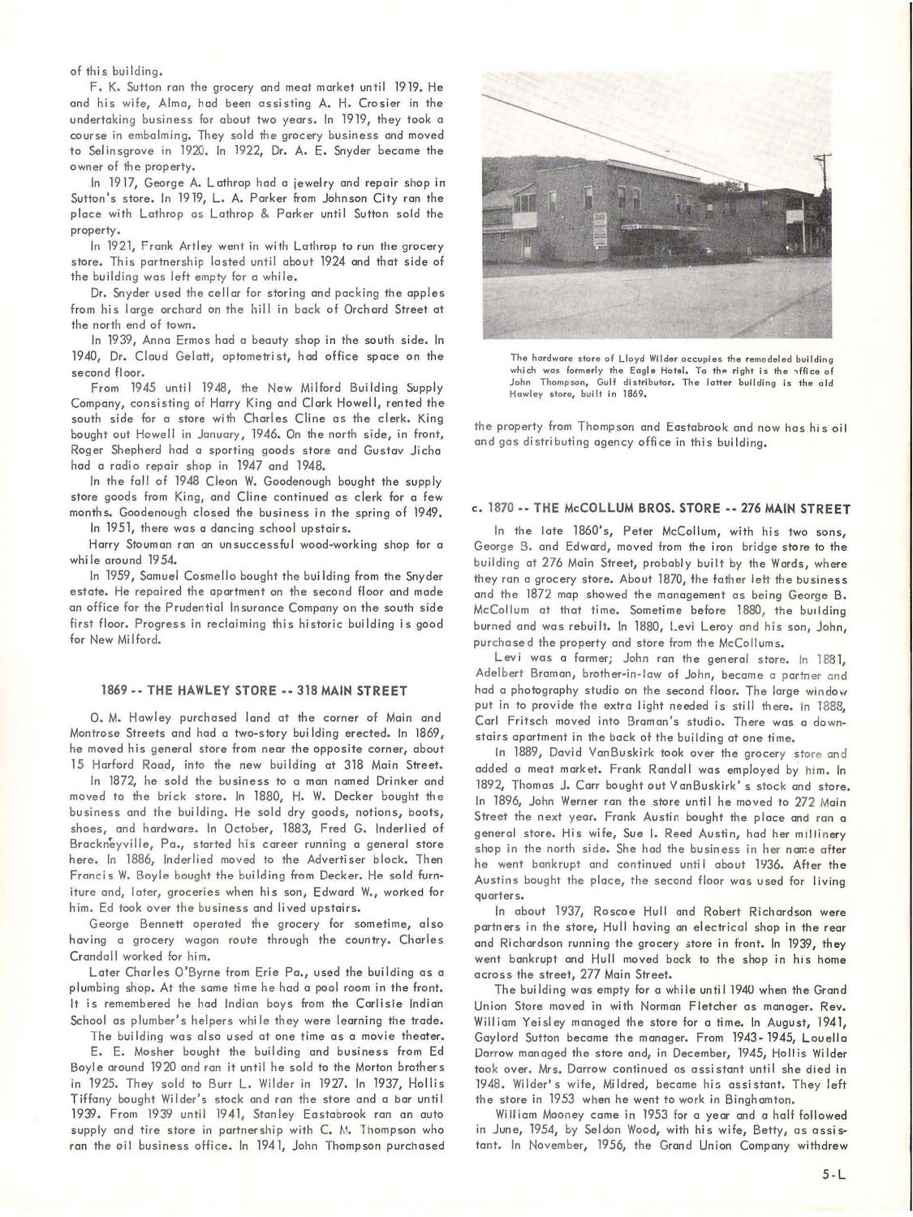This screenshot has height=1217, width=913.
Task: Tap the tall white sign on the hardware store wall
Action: pos(600,230)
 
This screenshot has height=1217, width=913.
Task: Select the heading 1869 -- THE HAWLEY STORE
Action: pos(254,690)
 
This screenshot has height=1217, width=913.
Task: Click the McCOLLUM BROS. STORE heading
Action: pos(661,509)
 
